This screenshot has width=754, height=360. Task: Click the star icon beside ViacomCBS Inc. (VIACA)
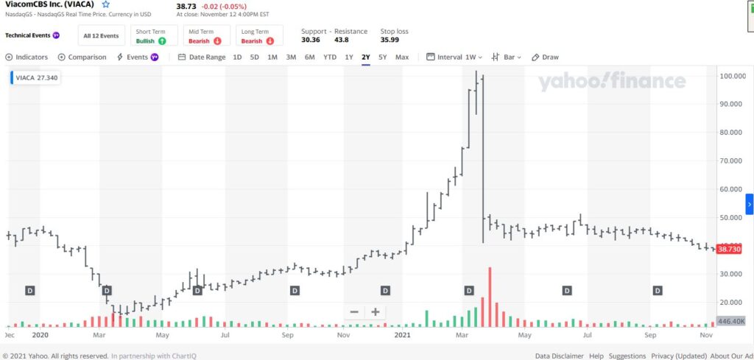[105, 4]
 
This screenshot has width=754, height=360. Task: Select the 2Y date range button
[365, 57]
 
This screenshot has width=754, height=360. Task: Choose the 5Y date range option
[383, 57]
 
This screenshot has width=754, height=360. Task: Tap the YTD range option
[330, 57]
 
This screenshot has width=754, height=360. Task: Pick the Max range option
[402, 57]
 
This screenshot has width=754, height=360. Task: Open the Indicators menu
[27, 57]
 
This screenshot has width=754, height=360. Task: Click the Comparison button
[82, 57]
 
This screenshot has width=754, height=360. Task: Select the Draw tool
[545, 57]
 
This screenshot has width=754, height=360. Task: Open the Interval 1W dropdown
[454, 57]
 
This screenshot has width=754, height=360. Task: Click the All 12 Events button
[101, 35]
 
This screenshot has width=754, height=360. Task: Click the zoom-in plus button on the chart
[376, 311]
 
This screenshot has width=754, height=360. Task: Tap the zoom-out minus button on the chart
[354, 311]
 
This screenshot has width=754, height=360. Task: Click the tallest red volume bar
[489, 297]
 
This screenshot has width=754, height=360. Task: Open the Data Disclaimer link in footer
[559, 356]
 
